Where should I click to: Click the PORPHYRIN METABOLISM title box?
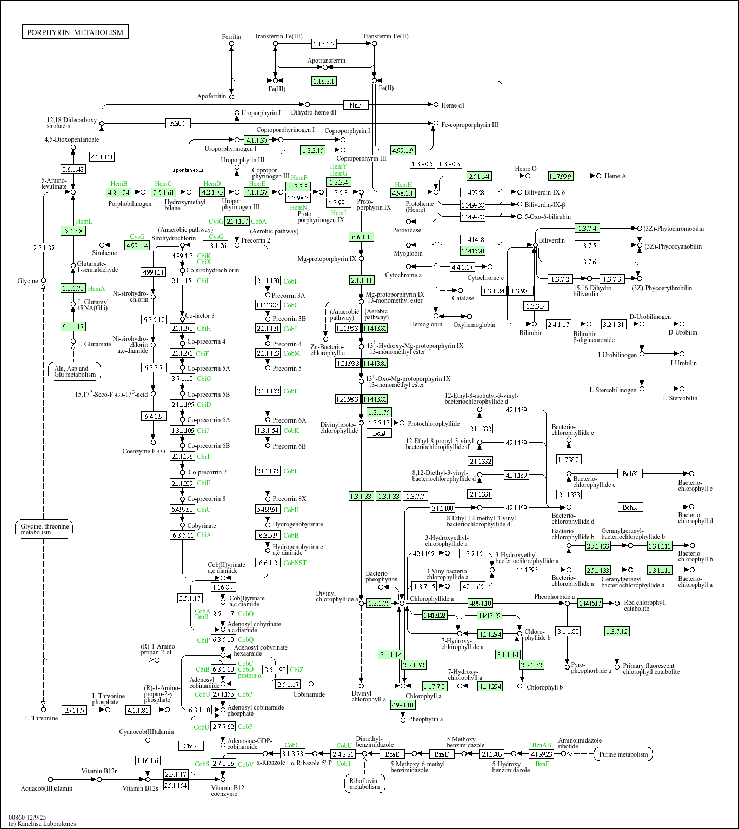[75, 32]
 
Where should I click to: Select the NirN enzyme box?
[356, 105]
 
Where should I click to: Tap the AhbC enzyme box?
[178, 124]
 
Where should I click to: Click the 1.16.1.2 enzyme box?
[324, 44]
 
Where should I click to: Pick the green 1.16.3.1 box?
[324, 81]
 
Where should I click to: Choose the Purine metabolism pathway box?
[623, 754]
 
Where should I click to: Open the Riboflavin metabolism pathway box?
[364, 784]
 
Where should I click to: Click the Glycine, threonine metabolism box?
[44, 529]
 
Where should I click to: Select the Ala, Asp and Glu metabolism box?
[75, 371]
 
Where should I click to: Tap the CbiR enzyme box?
[190, 746]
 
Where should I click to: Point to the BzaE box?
[392, 754]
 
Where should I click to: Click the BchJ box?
[379, 433]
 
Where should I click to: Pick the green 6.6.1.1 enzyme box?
[361, 237]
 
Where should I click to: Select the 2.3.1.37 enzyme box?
[44, 248]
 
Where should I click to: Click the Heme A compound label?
[615, 176]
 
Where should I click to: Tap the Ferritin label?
[231, 37]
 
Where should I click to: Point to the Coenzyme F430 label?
[144, 451]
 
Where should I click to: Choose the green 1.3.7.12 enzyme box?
[617, 631]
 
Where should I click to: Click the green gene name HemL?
[84, 222]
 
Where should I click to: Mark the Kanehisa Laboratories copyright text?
[42, 824]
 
